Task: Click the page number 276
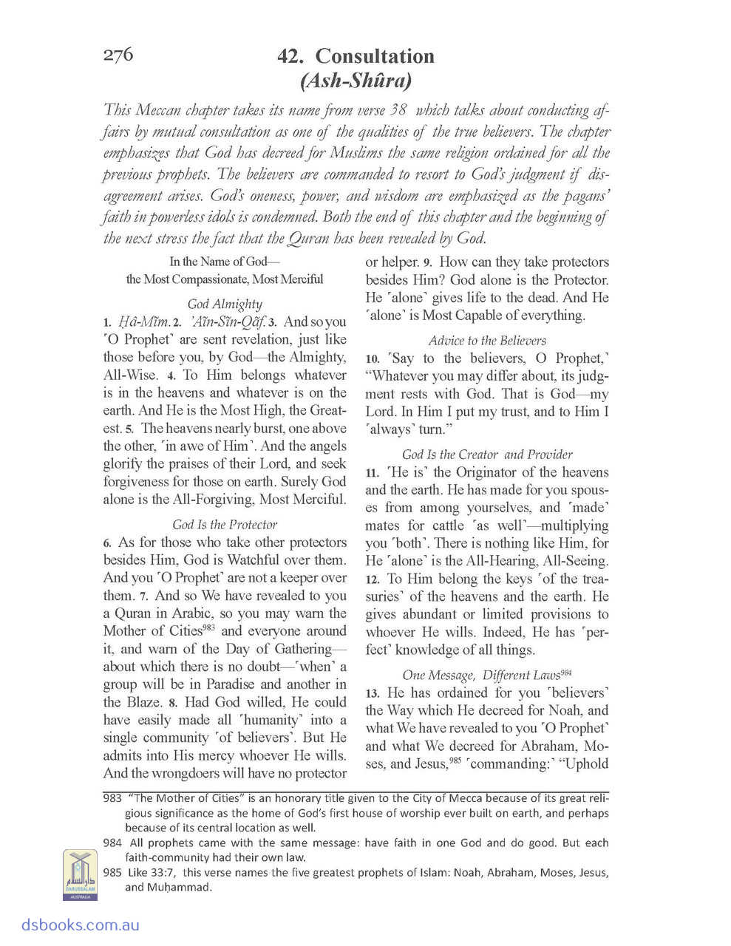(x=118, y=55)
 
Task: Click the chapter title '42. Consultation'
(x=356, y=56)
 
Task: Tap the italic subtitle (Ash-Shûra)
(x=356, y=79)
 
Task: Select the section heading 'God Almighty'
(x=225, y=304)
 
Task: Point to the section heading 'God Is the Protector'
(x=225, y=524)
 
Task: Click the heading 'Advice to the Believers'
(x=487, y=340)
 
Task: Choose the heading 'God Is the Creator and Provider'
(x=487, y=454)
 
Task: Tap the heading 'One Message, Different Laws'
(x=487, y=674)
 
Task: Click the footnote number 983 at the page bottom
(x=112, y=798)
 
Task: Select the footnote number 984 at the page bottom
(x=112, y=843)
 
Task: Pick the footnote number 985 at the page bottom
(x=112, y=872)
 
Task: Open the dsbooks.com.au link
(x=70, y=925)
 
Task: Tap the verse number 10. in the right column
(x=372, y=359)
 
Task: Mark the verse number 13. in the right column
(x=372, y=693)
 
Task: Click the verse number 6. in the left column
(x=108, y=543)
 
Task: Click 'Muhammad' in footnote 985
(x=171, y=887)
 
